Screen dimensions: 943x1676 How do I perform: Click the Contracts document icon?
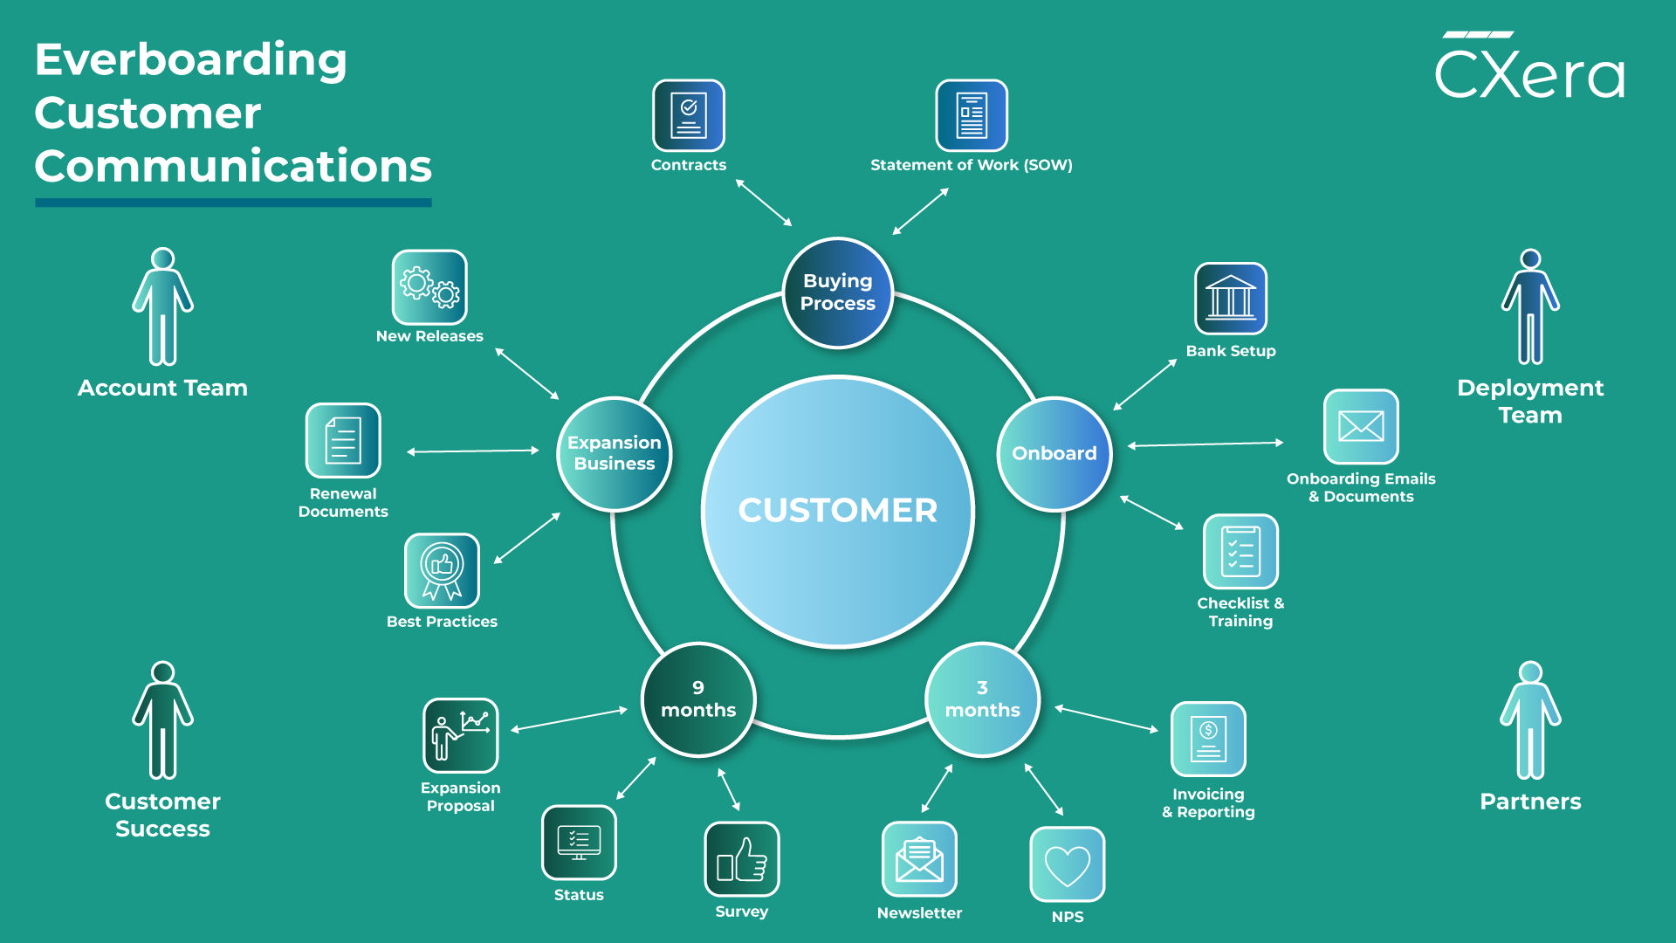coord(689,116)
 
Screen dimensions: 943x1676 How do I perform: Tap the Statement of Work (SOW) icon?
coord(972,116)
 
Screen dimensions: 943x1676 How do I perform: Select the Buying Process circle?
coord(838,293)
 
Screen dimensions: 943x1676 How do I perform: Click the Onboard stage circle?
coord(1054,454)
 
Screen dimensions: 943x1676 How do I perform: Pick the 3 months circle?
coord(982,699)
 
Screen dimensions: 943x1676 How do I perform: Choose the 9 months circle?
coord(698,699)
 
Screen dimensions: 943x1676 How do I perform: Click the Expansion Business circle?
coord(615,454)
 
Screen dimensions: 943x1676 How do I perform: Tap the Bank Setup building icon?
coord(1231,299)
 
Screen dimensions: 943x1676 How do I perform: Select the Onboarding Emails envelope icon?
coord(1361,426)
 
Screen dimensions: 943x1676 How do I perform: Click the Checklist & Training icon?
coord(1240,552)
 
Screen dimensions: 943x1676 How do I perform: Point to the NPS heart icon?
coord(1068,864)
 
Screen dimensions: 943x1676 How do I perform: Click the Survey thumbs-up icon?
coord(742,859)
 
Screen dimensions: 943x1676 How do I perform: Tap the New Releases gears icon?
coord(429,287)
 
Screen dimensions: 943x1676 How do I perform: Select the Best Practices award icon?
coord(442,570)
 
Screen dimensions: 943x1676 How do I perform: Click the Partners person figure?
coord(1530,720)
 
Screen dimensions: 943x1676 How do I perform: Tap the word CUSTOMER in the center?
coord(838,511)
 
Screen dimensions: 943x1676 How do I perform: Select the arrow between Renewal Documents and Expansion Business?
coord(473,451)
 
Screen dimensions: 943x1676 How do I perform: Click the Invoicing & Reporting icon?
coord(1208,739)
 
